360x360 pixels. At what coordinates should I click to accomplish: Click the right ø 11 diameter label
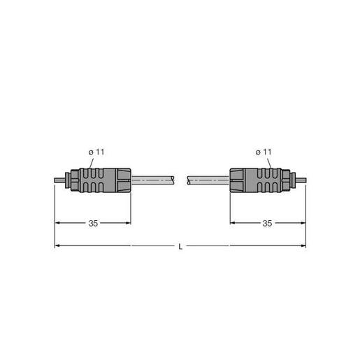(x=264, y=152)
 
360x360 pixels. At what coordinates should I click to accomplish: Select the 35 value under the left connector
(x=93, y=224)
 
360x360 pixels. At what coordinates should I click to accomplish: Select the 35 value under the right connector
(x=266, y=224)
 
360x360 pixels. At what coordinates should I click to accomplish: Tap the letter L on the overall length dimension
(x=180, y=246)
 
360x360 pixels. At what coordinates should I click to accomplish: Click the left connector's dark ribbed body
(x=103, y=180)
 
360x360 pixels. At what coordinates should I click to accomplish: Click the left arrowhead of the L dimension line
(x=58, y=246)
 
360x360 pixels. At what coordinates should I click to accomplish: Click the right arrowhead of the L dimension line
(x=302, y=246)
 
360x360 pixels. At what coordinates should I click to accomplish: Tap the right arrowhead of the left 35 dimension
(x=129, y=224)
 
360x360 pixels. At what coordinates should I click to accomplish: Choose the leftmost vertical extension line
(x=55, y=217)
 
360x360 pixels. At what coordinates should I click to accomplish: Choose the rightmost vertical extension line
(x=305, y=217)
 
